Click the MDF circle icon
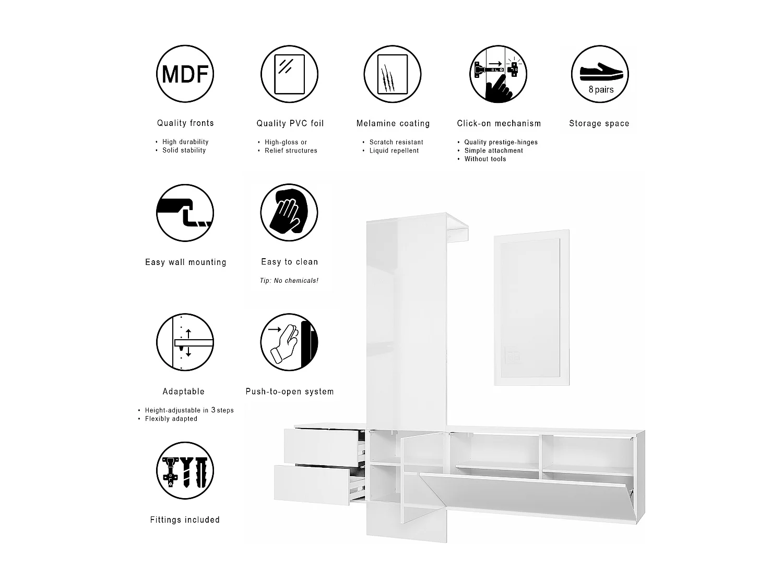pyautogui.click(x=185, y=74)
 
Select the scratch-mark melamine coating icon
pyautogui.click(x=393, y=74)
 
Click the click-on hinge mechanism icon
pyautogui.click(x=498, y=74)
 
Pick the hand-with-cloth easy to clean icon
pyautogui.click(x=289, y=213)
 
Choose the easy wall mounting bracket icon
pyautogui.click(x=185, y=213)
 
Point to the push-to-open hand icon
pyautogui.click(x=289, y=342)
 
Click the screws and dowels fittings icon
pyautogui.click(x=185, y=471)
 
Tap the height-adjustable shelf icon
pyautogui.click(x=185, y=342)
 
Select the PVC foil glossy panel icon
pyautogui.click(x=289, y=74)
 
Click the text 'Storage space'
pyautogui.click(x=599, y=124)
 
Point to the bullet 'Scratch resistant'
pyautogui.click(x=396, y=142)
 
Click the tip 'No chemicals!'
pyautogui.click(x=289, y=281)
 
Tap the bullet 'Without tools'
pyautogui.click(x=485, y=159)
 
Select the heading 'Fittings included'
pyautogui.click(x=185, y=520)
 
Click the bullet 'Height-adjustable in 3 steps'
pyautogui.click(x=189, y=410)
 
